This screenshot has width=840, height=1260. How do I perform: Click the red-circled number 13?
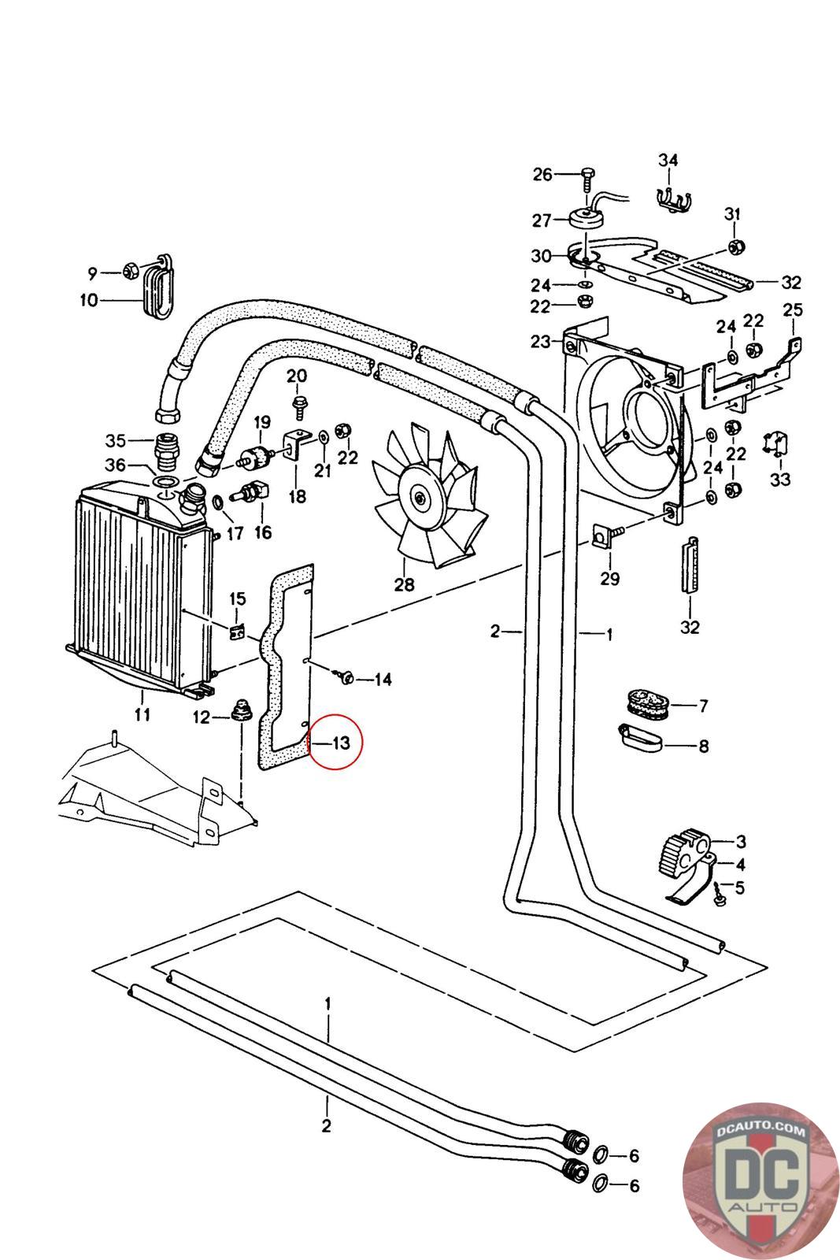340,743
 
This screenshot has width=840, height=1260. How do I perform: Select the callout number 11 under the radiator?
142,715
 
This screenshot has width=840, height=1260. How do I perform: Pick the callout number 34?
668,161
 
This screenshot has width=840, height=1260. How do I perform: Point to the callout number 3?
741,841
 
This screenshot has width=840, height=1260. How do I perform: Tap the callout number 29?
609,579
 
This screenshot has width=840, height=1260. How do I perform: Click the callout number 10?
87,300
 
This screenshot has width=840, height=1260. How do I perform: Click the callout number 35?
116,439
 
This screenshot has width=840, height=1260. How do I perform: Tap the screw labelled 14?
345,676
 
